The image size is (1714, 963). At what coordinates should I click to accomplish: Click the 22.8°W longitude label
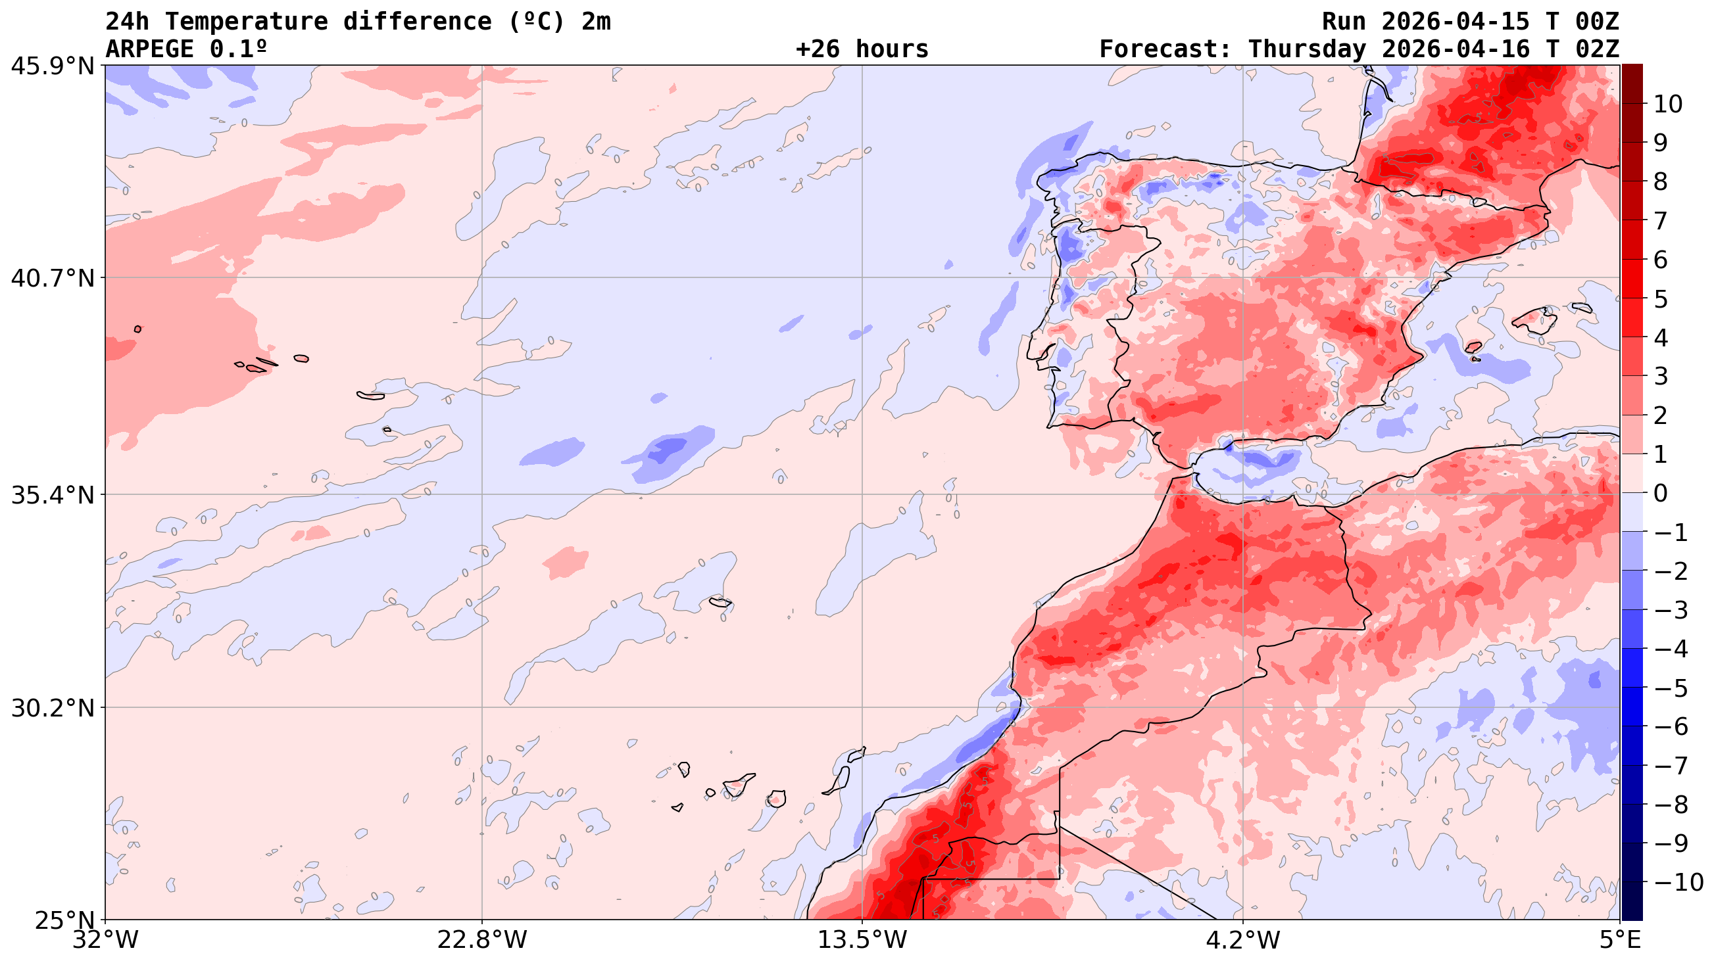pyautogui.click(x=481, y=941)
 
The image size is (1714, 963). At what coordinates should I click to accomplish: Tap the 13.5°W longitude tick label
pyautogui.click(x=862, y=941)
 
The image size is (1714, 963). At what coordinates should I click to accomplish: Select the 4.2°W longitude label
pyautogui.click(x=1242, y=941)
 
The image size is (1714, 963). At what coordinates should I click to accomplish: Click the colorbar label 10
pyautogui.click(x=1668, y=105)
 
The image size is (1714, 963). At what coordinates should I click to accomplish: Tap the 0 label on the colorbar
pyautogui.click(x=1661, y=494)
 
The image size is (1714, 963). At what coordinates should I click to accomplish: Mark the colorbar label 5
pyautogui.click(x=1661, y=299)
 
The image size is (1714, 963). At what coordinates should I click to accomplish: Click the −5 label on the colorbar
pyautogui.click(x=1670, y=689)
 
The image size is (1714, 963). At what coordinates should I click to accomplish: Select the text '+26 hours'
pyautogui.click(x=862, y=49)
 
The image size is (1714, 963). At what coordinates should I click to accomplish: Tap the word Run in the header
pyautogui.click(x=1344, y=22)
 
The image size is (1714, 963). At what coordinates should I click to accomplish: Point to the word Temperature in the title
pyautogui.click(x=246, y=22)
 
